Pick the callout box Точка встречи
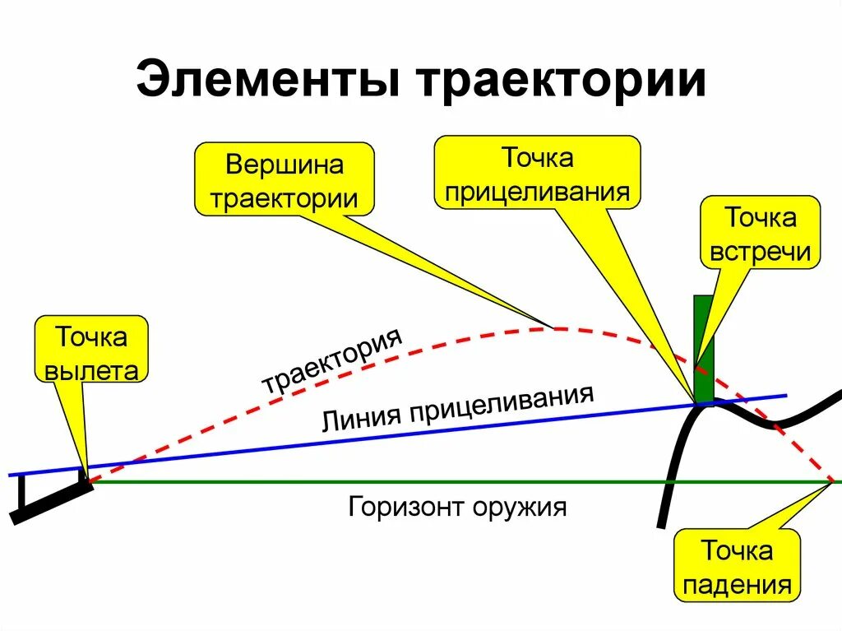click(760, 234)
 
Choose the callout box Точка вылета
click(91, 352)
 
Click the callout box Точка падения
click(737, 567)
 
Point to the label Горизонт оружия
click(457, 505)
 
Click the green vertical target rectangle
click(704, 346)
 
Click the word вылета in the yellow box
click(91, 370)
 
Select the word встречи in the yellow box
click(761, 251)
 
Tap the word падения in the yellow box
click(737, 585)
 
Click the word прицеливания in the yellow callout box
click(537, 192)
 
